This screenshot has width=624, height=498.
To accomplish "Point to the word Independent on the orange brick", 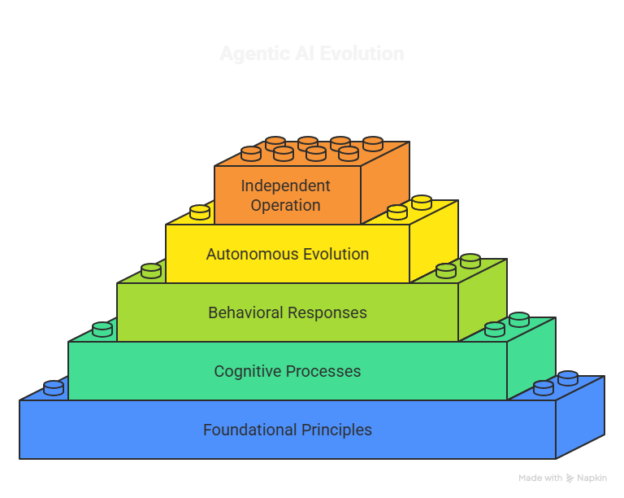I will click(x=285, y=186).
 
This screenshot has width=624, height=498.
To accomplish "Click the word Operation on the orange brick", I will click(x=285, y=205).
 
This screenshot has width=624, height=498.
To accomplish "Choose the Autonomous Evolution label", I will click(x=288, y=254).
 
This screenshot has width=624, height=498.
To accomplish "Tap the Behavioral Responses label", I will click(x=288, y=312).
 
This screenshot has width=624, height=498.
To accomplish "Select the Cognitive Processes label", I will click(x=288, y=371).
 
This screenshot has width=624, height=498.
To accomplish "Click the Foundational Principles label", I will click(x=288, y=430).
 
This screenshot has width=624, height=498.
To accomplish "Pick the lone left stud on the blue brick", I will click(x=54, y=388).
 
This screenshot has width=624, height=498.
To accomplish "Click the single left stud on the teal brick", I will click(x=102, y=330).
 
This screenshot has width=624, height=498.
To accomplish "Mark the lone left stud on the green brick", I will click(x=151, y=271).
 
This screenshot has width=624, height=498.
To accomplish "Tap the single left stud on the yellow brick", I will click(x=200, y=212).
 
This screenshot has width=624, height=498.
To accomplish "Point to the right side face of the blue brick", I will click(x=580, y=418).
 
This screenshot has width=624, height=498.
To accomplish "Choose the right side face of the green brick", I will click(x=483, y=300).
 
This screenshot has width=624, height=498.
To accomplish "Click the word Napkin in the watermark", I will click(x=592, y=478).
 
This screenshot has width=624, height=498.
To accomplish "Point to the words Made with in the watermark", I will click(x=541, y=478).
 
